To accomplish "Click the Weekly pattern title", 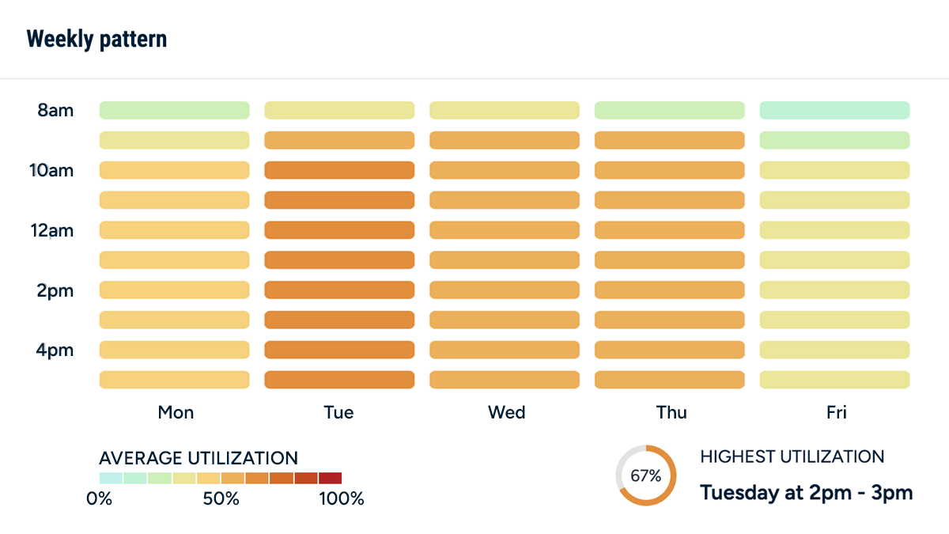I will (x=96, y=39).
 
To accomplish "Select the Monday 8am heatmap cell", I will (x=174, y=110).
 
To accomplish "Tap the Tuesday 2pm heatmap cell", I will (x=339, y=290).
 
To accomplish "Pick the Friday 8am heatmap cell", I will (x=834, y=110).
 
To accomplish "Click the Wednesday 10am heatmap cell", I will (x=505, y=170).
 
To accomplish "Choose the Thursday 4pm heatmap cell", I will (x=669, y=350).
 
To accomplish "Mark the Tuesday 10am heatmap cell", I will (x=339, y=170).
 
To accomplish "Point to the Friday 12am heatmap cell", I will (x=834, y=230).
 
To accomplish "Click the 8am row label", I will (x=55, y=110).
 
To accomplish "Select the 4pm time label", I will (x=55, y=350).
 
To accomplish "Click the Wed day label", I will (x=506, y=412).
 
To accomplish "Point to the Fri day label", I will (x=836, y=412).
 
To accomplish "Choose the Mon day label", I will (x=176, y=412).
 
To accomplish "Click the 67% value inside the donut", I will (x=646, y=476).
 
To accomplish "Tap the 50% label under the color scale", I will (x=221, y=499).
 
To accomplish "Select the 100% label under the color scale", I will (x=342, y=499).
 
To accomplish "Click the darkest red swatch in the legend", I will (x=330, y=478).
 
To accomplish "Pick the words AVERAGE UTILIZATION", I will (x=198, y=458).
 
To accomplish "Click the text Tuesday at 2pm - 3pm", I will (x=806, y=493).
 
